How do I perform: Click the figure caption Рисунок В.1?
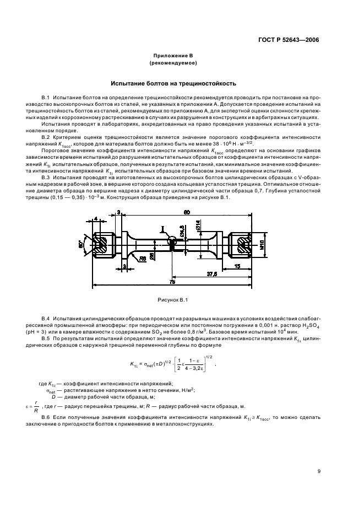173,299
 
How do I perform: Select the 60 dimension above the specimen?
172,212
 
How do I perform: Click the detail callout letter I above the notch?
162,228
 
